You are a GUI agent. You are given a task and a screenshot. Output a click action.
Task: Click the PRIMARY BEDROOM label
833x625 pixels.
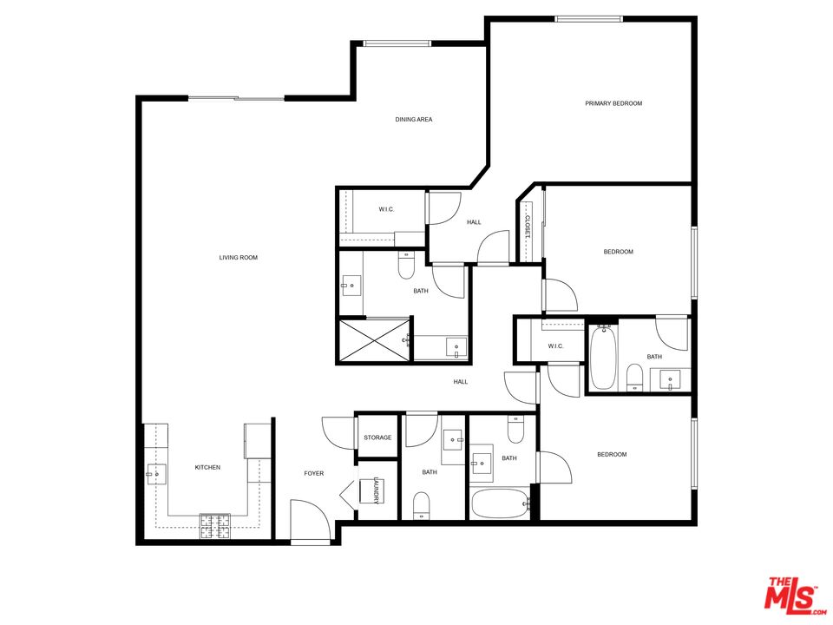pos(613,103)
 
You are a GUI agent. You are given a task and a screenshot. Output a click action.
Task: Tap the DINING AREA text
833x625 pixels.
pos(414,120)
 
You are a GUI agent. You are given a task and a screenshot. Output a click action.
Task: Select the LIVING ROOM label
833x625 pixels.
pos(238,258)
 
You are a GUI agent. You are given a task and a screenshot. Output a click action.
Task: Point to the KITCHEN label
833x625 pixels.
pos(207,468)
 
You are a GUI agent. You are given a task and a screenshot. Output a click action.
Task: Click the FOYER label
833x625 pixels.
pos(313,473)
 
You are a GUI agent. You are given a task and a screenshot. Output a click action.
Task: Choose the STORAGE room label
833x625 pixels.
pos(377,437)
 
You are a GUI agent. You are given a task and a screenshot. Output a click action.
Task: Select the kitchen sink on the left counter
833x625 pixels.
pos(155,473)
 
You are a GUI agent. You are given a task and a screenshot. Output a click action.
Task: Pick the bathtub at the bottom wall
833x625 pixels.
pos(499,503)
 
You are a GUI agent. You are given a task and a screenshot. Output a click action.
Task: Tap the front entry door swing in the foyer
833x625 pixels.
pos(311,520)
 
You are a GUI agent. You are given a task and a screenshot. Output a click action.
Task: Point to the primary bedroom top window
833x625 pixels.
pos(589,19)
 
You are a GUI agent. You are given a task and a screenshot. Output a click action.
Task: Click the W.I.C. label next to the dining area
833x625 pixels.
pos(387,210)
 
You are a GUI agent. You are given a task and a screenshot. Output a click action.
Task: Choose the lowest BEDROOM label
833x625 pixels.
pos(611,455)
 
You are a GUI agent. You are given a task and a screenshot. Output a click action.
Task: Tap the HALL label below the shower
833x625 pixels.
pos(460,382)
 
